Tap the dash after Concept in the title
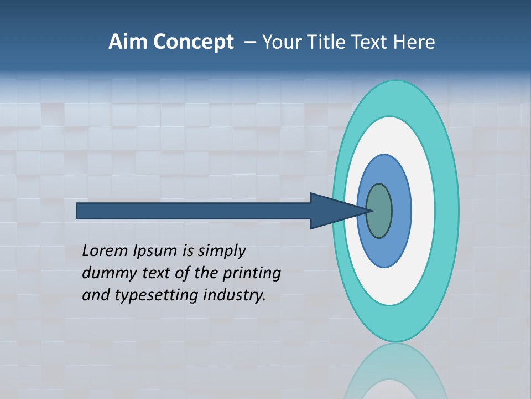tap(249, 42)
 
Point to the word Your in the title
tap(282, 42)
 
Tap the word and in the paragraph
tap(96, 295)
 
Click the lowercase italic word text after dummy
tap(151, 273)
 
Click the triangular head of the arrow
tap(332, 211)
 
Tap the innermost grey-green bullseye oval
tap(381, 211)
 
